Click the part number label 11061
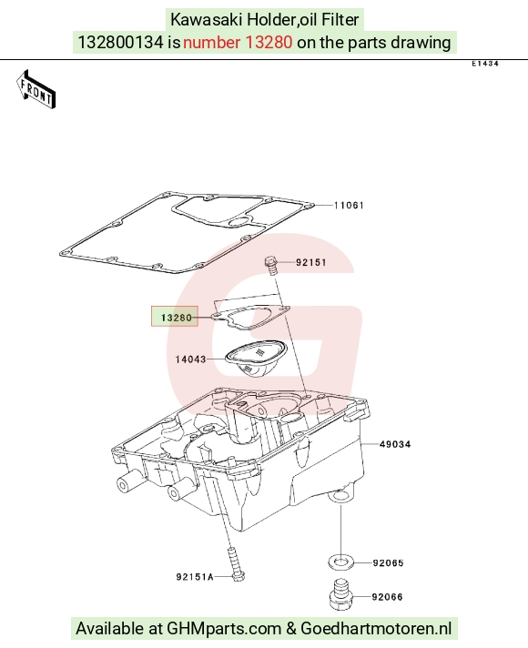point(349,206)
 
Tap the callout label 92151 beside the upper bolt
point(311,262)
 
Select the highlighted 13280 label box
point(175,317)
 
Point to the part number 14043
point(190,359)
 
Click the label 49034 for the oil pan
point(395,444)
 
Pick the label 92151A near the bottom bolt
point(195,576)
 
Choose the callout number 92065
point(388,562)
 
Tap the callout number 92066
point(387,597)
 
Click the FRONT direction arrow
point(36,90)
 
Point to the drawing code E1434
point(485,64)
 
